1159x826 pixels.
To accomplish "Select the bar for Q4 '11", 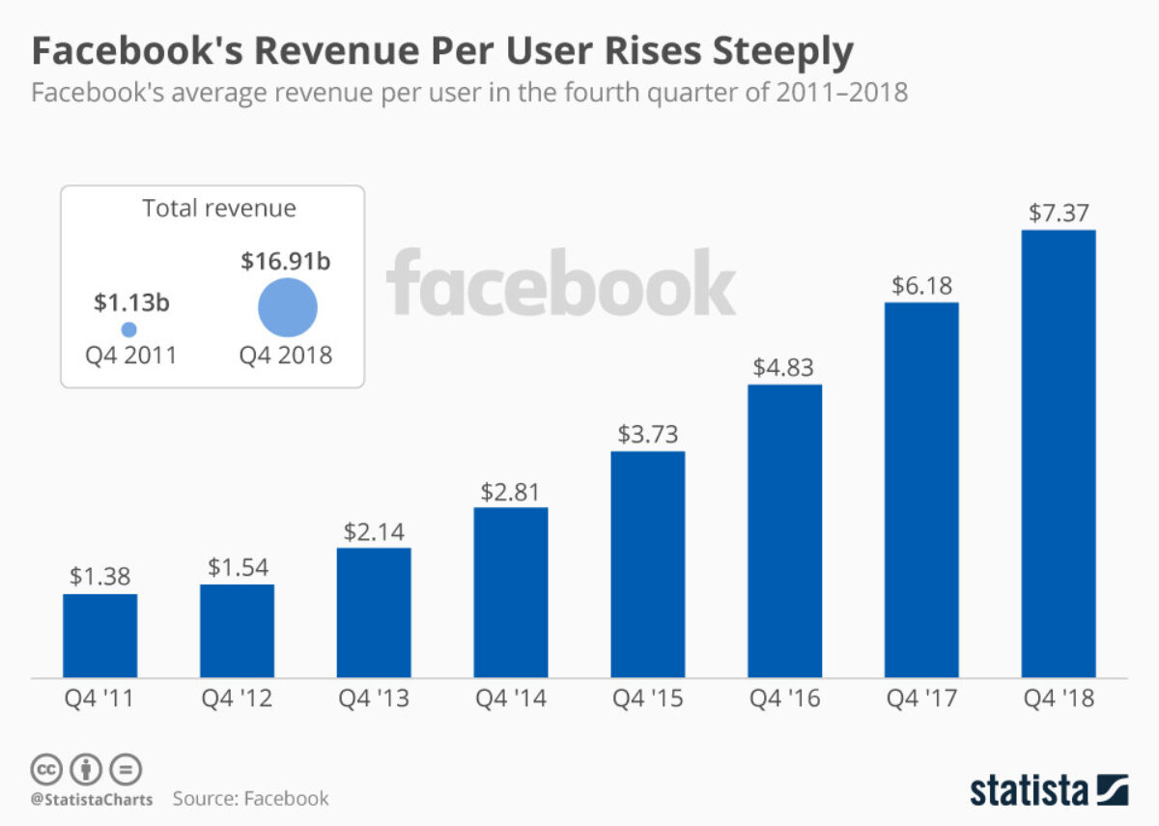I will click(100, 635).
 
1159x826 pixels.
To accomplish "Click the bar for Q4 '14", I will click(511, 591).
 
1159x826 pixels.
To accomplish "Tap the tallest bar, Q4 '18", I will click(1059, 453).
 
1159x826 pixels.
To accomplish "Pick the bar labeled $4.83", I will click(785, 530).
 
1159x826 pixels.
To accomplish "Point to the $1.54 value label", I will click(238, 567).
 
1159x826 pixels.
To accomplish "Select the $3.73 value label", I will click(648, 434).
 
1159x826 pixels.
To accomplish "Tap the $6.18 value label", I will click(921, 286).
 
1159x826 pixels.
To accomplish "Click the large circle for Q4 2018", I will click(288, 307).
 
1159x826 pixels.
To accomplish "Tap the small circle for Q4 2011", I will click(128, 329).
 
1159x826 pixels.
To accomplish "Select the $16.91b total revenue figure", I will click(287, 261).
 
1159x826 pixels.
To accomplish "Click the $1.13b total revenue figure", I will click(131, 302).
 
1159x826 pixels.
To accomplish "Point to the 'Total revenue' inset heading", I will click(219, 209).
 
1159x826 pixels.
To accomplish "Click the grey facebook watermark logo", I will click(561, 282).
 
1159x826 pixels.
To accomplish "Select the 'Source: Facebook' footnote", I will click(251, 798).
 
